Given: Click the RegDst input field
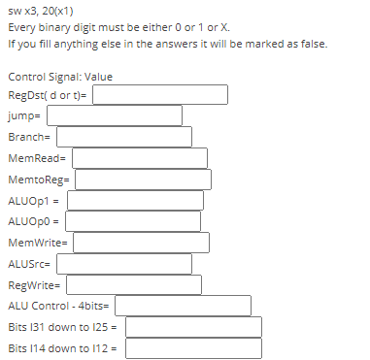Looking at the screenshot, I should [x=160, y=95].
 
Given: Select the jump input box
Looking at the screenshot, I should [x=114, y=115].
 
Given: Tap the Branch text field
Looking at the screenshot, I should [x=120, y=137].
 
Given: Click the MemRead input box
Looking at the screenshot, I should [x=139, y=157].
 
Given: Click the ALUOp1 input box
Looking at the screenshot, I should [x=135, y=200].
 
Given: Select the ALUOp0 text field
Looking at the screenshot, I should [x=133, y=221].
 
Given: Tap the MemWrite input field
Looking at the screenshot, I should [x=141, y=243].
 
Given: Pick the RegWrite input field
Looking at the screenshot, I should [x=133, y=284].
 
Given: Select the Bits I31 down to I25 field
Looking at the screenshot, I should [x=193, y=326].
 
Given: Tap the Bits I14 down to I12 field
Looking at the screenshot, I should [x=193, y=347].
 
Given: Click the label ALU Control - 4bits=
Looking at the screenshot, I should [x=60, y=306].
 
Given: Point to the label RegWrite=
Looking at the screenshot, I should [x=33, y=284].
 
